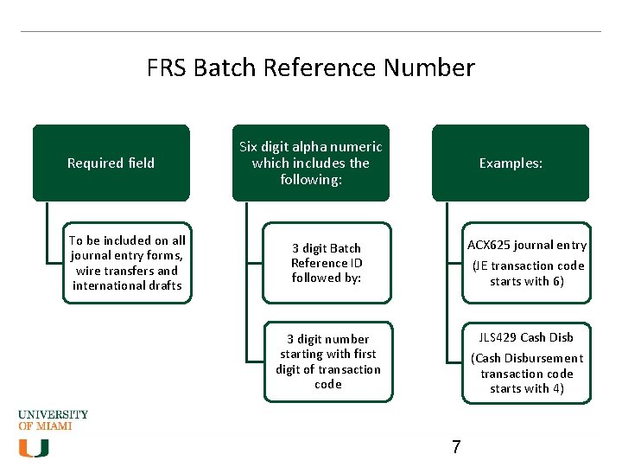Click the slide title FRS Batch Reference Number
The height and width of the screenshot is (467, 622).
pyautogui.click(x=310, y=67)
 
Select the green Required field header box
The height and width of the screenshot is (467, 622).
pyautogui.click(x=111, y=163)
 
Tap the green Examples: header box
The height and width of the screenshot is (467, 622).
pyautogui.click(x=511, y=163)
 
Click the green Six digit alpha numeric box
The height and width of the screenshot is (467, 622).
pyautogui.click(x=310, y=163)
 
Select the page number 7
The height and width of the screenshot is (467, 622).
pyautogui.click(x=456, y=447)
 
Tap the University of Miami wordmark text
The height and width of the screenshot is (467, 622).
pyautogui.click(x=53, y=419)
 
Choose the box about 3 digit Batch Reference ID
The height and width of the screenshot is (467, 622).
pyautogui.click(x=327, y=263)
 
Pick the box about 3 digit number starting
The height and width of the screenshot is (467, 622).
pyautogui.click(x=327, y=361)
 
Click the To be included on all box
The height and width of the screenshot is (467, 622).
pyautogui.click(x=127, y=263)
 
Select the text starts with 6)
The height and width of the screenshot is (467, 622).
pyautogui.click(x=526, y=282)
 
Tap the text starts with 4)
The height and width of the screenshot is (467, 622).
pyautogui.click(x=526, y=389)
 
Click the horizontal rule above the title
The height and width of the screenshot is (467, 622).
pyautogui.click(x=310, y=32)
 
